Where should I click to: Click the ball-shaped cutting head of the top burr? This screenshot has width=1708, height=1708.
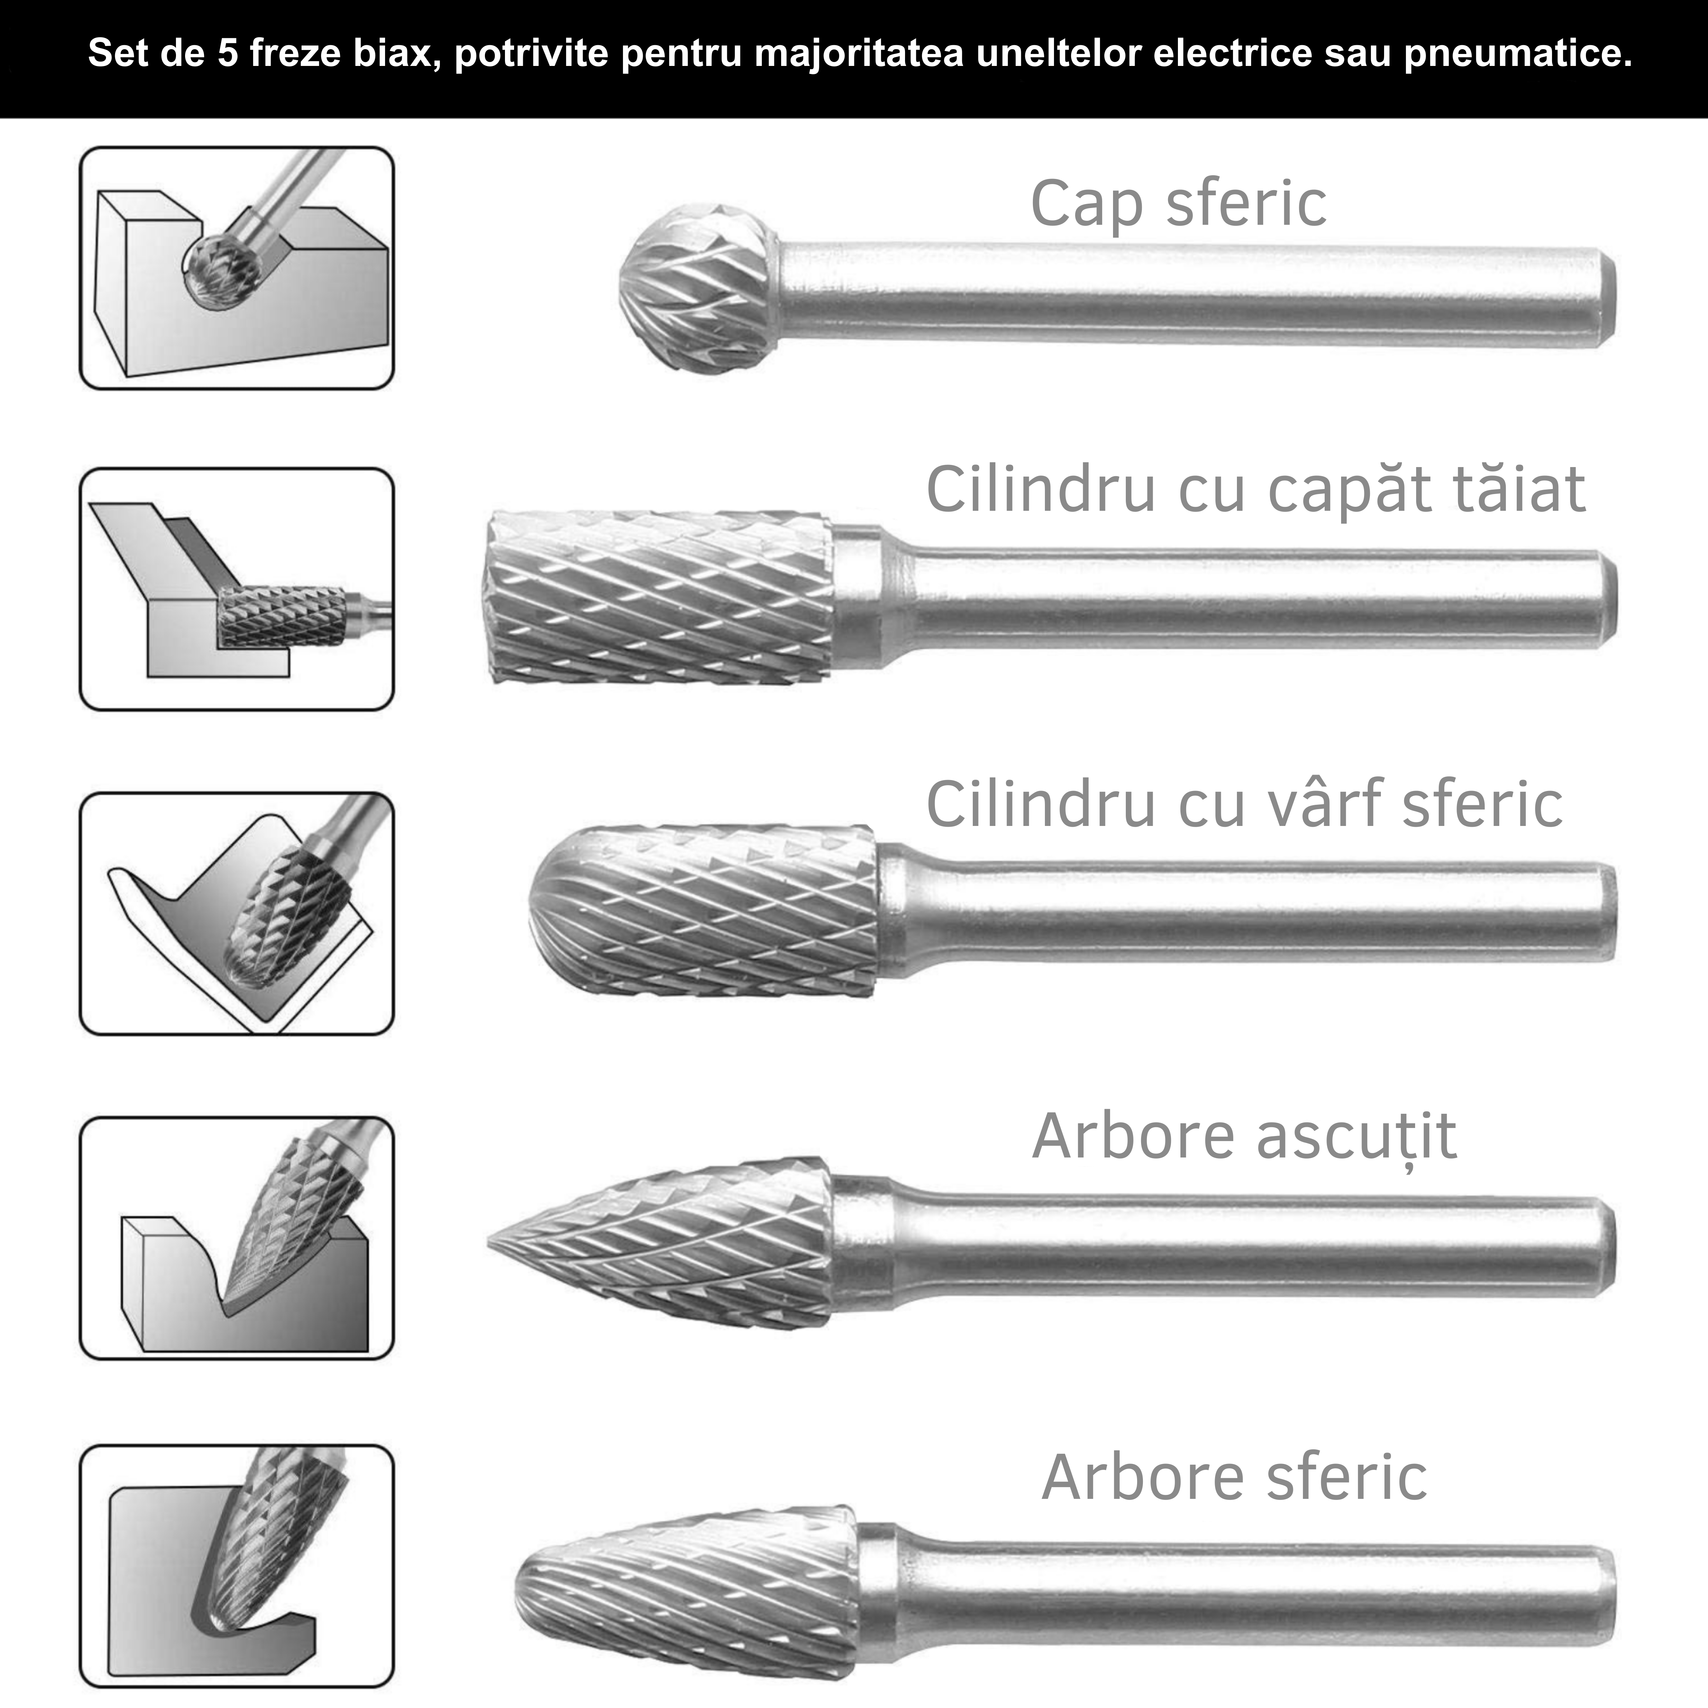click(x=698, y=287)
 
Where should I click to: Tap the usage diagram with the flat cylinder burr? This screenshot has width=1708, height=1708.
click(x=237, y=589)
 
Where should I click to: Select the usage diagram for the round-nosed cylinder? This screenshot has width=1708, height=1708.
click(x=237, y=913)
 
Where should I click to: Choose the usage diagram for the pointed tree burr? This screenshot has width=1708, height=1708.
click(x=237, y=1238)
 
